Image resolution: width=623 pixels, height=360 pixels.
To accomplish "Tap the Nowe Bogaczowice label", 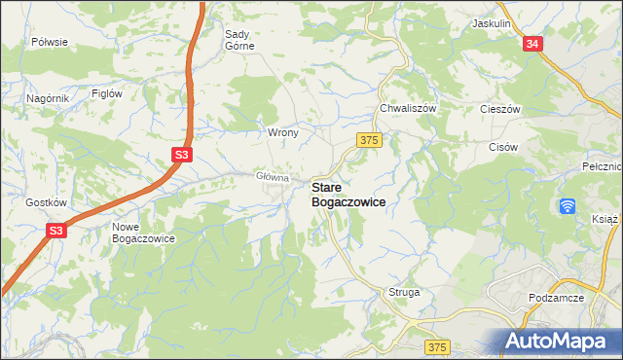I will click(x=143, y=232).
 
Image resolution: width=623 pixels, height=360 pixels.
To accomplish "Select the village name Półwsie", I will click(x=49, y=42).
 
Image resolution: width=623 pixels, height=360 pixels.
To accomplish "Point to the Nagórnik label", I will click(x=47, y=98).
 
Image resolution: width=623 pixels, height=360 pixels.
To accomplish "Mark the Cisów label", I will click(x=502, y=147).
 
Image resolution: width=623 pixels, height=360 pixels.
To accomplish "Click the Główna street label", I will click(x=273, y=177).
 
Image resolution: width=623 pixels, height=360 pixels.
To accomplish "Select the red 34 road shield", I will click(x=531, y=44).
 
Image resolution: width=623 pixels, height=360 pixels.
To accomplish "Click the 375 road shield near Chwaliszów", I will click(x=368, y=141).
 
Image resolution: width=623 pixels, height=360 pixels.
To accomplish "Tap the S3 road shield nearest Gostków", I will click(x=56, y=231).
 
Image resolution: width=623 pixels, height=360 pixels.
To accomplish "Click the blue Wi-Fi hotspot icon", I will click(x=568, y=206).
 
